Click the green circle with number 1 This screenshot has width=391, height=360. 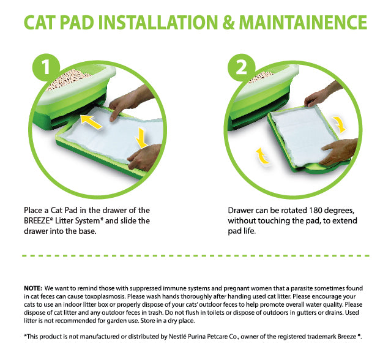pyautogui.click(x=46, y=67)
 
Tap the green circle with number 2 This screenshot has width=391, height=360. pyautogui.click(x=241, y=67)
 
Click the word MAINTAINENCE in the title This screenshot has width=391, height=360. pyautogui.click(x=303, y=23)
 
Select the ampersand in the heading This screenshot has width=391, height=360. pyautogui.click(x=228, y=23)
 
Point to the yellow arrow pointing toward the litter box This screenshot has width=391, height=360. pyautogui.click(x=91, y=121)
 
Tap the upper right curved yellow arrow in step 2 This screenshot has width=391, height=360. pyautogui.click(x=340, y=124)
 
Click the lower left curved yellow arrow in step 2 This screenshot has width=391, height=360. pyautogui.click(x=263, y=156)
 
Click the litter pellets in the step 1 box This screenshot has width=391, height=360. pyautogui.click(x=69, y=80)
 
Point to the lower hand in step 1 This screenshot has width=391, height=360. pyautogui.click(x=144, y=157)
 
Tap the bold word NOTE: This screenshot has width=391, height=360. pyautogui.click(x=33, y=288)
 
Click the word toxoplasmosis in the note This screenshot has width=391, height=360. pyautogui.click(x=105, y=296)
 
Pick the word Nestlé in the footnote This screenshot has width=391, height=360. pyautogui.click(x=177, y=336)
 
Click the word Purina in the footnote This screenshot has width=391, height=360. pyautogui.click(x=196, y=336)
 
